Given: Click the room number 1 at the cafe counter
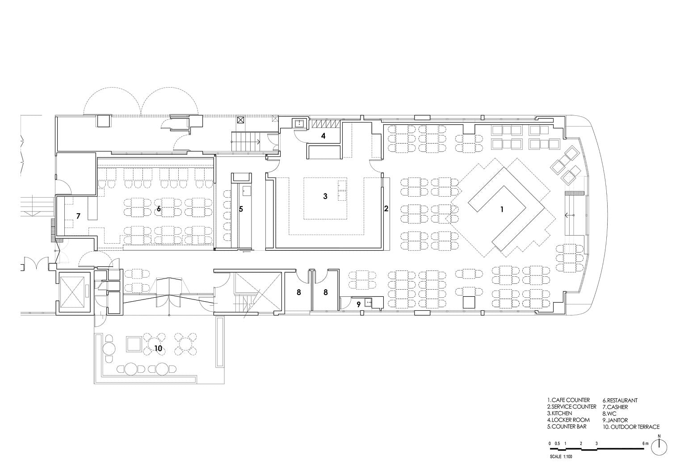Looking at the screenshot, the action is [x=502, y=210].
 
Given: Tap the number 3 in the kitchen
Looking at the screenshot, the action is [x=325, y=196].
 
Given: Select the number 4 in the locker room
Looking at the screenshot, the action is [x=323, y=136].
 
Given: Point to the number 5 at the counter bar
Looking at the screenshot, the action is [x=241, y=209].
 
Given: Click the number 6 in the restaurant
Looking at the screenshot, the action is [x=159, y=209].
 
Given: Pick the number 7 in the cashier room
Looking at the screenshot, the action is [x=78, y=216].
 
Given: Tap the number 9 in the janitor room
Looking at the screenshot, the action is [x=358, y=304].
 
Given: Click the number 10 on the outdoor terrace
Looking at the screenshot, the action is [x=158, y=349].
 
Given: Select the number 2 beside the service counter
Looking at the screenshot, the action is [x=386, y=209].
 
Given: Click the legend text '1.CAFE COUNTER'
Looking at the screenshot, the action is [x=568, y=400].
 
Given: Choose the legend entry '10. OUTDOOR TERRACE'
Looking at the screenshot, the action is [x=631, y=426].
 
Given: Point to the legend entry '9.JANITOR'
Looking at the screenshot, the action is [x=615, y=420].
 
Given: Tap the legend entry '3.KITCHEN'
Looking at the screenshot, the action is [x=559, y=413].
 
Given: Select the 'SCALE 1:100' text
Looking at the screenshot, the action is [x=561, y=457].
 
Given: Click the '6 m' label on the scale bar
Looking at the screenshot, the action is [x=645, y=443].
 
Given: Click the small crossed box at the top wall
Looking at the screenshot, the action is [x=240, y=120].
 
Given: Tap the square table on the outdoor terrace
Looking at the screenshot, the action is [x=134, y=344].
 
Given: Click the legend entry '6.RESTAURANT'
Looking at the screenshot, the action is [x=620, y=400].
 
